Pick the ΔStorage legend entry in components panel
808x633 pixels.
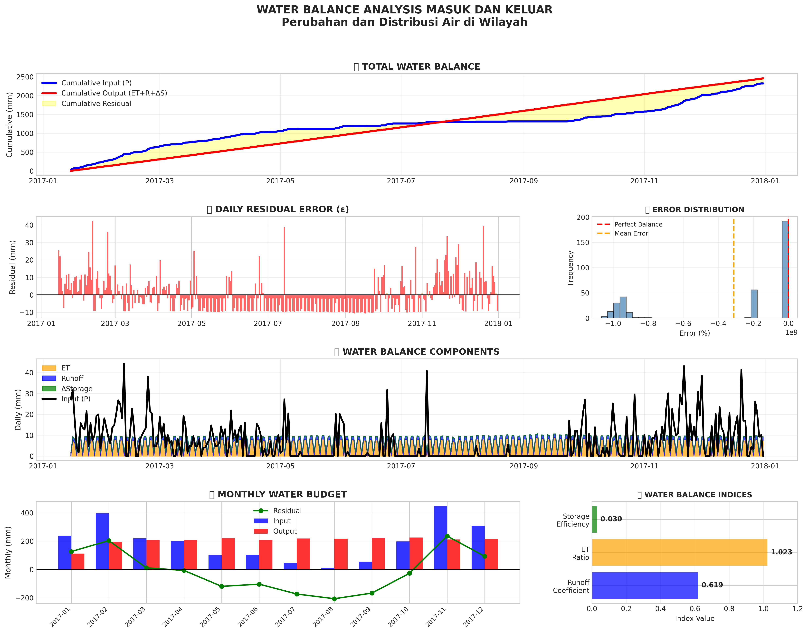tap(77, 389)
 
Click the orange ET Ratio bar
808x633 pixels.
tap(679, 552)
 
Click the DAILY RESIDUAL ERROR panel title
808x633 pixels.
tap(278, 209)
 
